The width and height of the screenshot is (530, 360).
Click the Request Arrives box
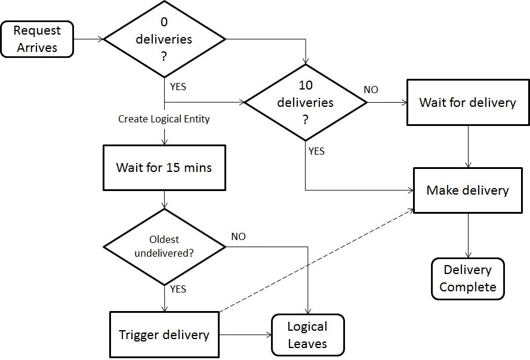37,39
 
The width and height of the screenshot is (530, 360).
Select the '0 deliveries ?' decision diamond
164,39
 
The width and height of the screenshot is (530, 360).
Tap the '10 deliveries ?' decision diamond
306,102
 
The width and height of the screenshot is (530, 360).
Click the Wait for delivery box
467,102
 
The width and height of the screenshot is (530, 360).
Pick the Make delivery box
467,190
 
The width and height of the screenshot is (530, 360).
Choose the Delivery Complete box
467,279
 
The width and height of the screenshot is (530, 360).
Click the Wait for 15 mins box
164,167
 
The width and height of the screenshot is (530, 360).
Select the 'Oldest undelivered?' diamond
164,246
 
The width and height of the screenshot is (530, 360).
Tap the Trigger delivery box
164,334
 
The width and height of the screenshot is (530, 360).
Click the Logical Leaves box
307,335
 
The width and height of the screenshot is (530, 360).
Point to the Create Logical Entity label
164,119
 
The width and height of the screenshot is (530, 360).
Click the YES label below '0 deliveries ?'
178,87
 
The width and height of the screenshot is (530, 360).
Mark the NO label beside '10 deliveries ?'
371,90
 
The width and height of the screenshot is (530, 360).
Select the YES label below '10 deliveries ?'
316,151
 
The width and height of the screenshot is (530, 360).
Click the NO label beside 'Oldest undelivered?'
238,236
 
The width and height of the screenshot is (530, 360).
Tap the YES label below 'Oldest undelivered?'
178,289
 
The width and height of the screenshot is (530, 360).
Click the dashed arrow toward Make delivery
316,260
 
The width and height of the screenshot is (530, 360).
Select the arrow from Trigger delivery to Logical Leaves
245,335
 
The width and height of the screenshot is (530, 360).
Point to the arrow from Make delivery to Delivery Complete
468,235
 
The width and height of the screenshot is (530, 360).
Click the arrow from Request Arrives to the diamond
88,39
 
